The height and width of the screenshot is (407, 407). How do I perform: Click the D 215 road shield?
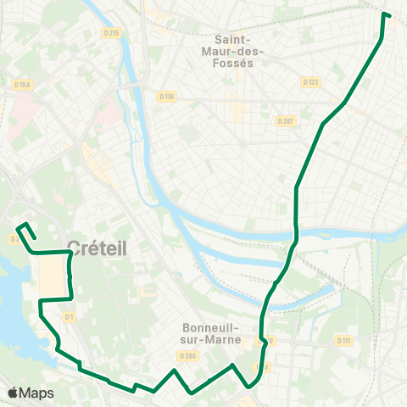112,33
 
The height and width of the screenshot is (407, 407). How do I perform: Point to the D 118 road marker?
165,96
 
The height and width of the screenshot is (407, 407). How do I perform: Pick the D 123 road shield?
310,82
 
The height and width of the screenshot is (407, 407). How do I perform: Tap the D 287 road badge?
285,121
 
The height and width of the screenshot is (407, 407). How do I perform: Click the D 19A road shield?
23,84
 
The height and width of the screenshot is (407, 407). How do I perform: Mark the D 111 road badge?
343,341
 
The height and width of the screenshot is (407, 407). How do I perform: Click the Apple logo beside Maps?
13,393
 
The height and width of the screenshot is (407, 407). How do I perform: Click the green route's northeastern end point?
384,14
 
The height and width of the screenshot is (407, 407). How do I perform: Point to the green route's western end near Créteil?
20,227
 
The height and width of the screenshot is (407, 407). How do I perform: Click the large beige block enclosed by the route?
53,277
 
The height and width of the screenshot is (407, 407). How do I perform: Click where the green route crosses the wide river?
296,232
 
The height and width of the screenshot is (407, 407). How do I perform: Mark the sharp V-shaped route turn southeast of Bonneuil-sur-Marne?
248,387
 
